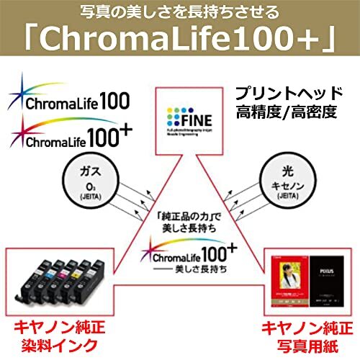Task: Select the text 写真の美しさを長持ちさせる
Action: pyautogui.click(x=179, y=12)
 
